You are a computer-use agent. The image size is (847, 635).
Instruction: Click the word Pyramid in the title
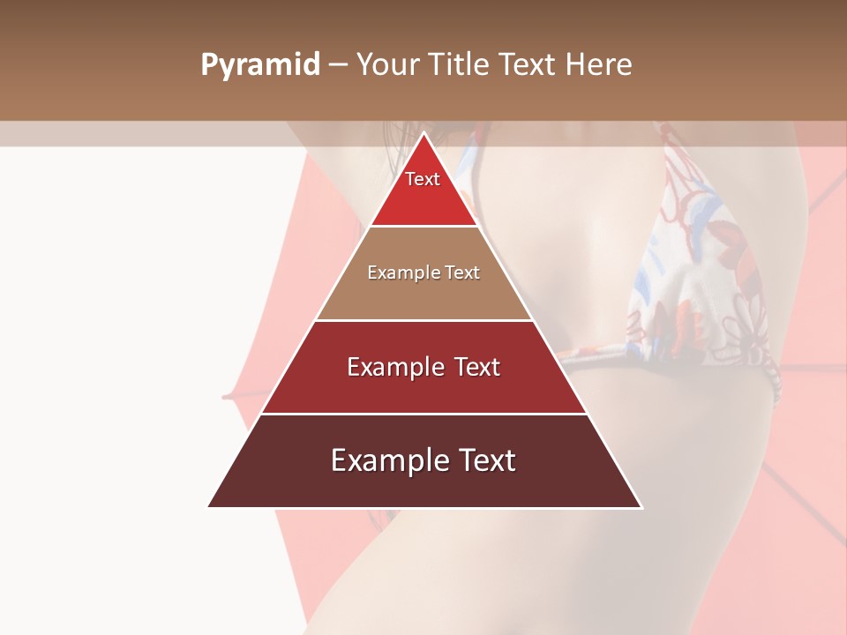click(x=259, y=65)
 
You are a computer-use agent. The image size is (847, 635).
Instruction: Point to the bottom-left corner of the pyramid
click(x=209, y=506)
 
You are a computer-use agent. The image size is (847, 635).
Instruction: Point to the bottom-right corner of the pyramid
click(x=641, y=506)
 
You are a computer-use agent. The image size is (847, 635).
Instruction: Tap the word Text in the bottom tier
click(x=484, y=460)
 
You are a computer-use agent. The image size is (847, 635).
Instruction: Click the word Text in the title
click(x=527, y=65)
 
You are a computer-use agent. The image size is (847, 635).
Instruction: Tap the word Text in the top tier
click(x=423, y=179)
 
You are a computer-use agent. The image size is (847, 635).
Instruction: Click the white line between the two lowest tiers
click(x=423, y=414)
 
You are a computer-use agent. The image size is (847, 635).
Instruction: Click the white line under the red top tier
click(x=423, y=226)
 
